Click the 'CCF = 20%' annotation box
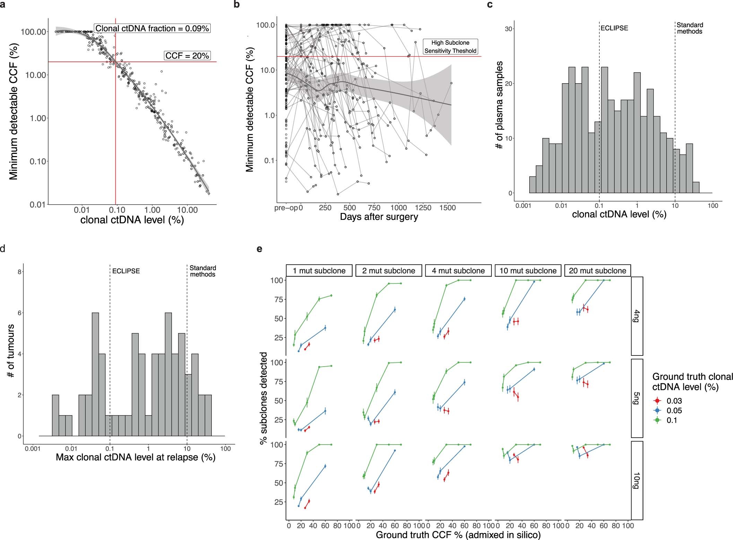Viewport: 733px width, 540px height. [187, 55]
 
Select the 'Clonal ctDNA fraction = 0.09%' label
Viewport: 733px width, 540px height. [152, 28]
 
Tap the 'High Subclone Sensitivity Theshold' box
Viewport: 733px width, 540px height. [450, 47]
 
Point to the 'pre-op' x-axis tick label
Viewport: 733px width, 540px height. [286, 208]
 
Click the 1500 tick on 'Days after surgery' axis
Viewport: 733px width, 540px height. [447, 208]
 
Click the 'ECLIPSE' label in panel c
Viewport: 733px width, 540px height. [614, 28]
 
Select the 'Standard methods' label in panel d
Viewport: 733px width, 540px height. [202, 271]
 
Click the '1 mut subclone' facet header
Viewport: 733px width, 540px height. [319, 271]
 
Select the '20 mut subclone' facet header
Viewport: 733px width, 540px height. [597, 271]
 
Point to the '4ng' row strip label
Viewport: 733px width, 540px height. [637, 316]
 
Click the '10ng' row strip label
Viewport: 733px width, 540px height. [637, 480]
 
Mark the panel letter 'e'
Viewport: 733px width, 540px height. [259, 249]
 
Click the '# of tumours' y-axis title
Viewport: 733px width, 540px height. [11, 351]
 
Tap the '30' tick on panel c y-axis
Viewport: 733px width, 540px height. [508, 29]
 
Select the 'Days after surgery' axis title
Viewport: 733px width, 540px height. [379, 217]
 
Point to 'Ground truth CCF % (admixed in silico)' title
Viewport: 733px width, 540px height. [458, 535]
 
